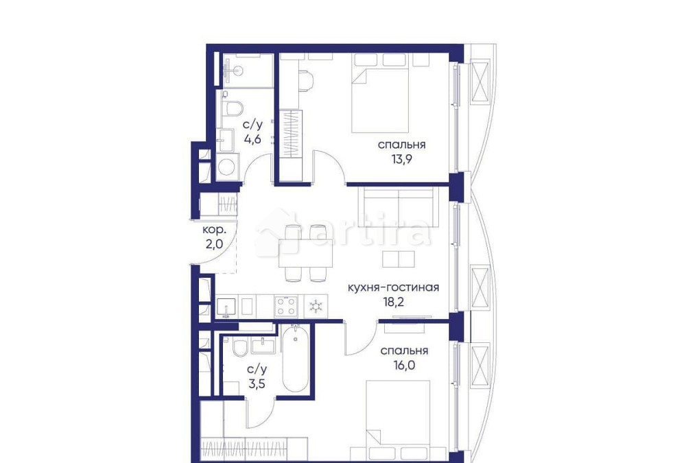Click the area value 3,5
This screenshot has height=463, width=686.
coord(256,383)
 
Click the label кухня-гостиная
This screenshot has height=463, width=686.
coord(393,287)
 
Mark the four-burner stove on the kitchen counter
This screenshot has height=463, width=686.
coord(286,304)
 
